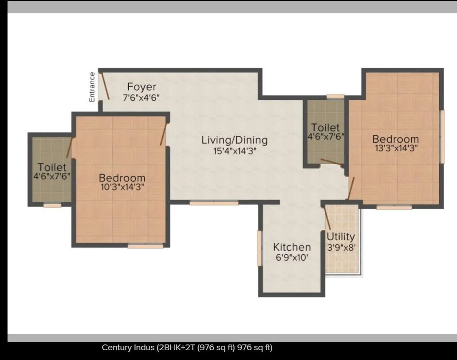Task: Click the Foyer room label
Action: [x=142, y=86]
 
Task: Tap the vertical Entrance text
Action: [x=92, y=87]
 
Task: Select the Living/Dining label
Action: [x=234, y=140]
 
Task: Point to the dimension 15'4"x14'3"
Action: [x=235, y=151]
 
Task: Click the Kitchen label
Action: [x=292, y=247]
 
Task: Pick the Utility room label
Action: [x=341, y=237]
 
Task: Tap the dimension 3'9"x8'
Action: [x=341, y=247]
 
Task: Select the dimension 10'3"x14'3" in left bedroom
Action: [x=122, y=187]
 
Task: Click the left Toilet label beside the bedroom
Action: [x=52, y=167]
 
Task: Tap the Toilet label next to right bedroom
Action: [x=325, y=128]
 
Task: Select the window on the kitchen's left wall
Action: [x=260, y=248]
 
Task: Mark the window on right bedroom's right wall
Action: [x=442, y=136]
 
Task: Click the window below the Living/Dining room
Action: [x=214, y=203]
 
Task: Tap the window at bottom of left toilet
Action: [x=52, y=206]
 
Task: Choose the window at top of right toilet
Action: [x=335, y=96]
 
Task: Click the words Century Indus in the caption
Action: [x=128, y=348]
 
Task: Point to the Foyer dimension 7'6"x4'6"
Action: [x=141, y=97]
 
